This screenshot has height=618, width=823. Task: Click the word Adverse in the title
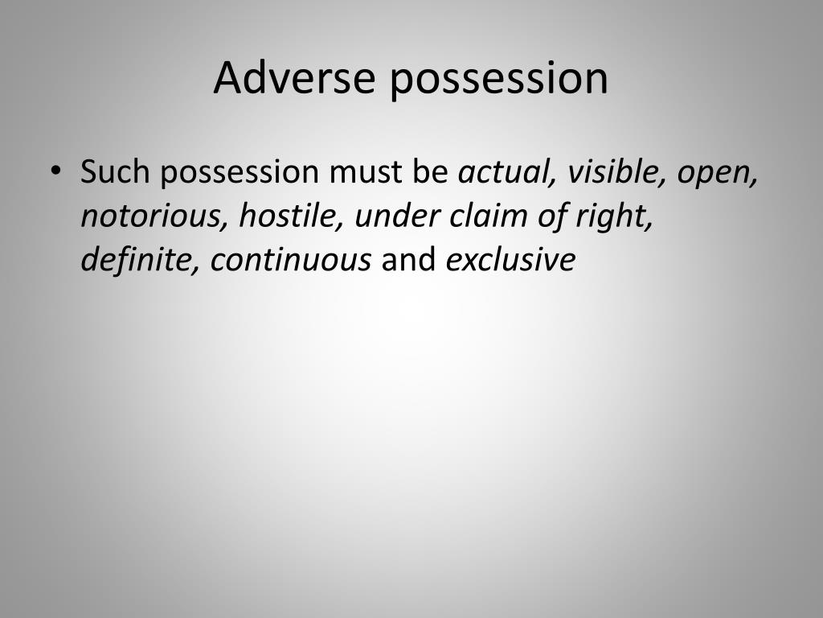294,78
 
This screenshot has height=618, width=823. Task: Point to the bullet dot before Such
55,171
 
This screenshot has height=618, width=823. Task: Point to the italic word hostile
291,216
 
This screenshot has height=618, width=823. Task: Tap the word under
397,216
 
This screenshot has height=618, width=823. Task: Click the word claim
489,216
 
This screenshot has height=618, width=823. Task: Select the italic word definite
140,260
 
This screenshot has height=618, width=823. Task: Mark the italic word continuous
291,260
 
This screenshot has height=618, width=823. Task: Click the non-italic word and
409,260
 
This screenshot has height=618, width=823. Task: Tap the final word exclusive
510,260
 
